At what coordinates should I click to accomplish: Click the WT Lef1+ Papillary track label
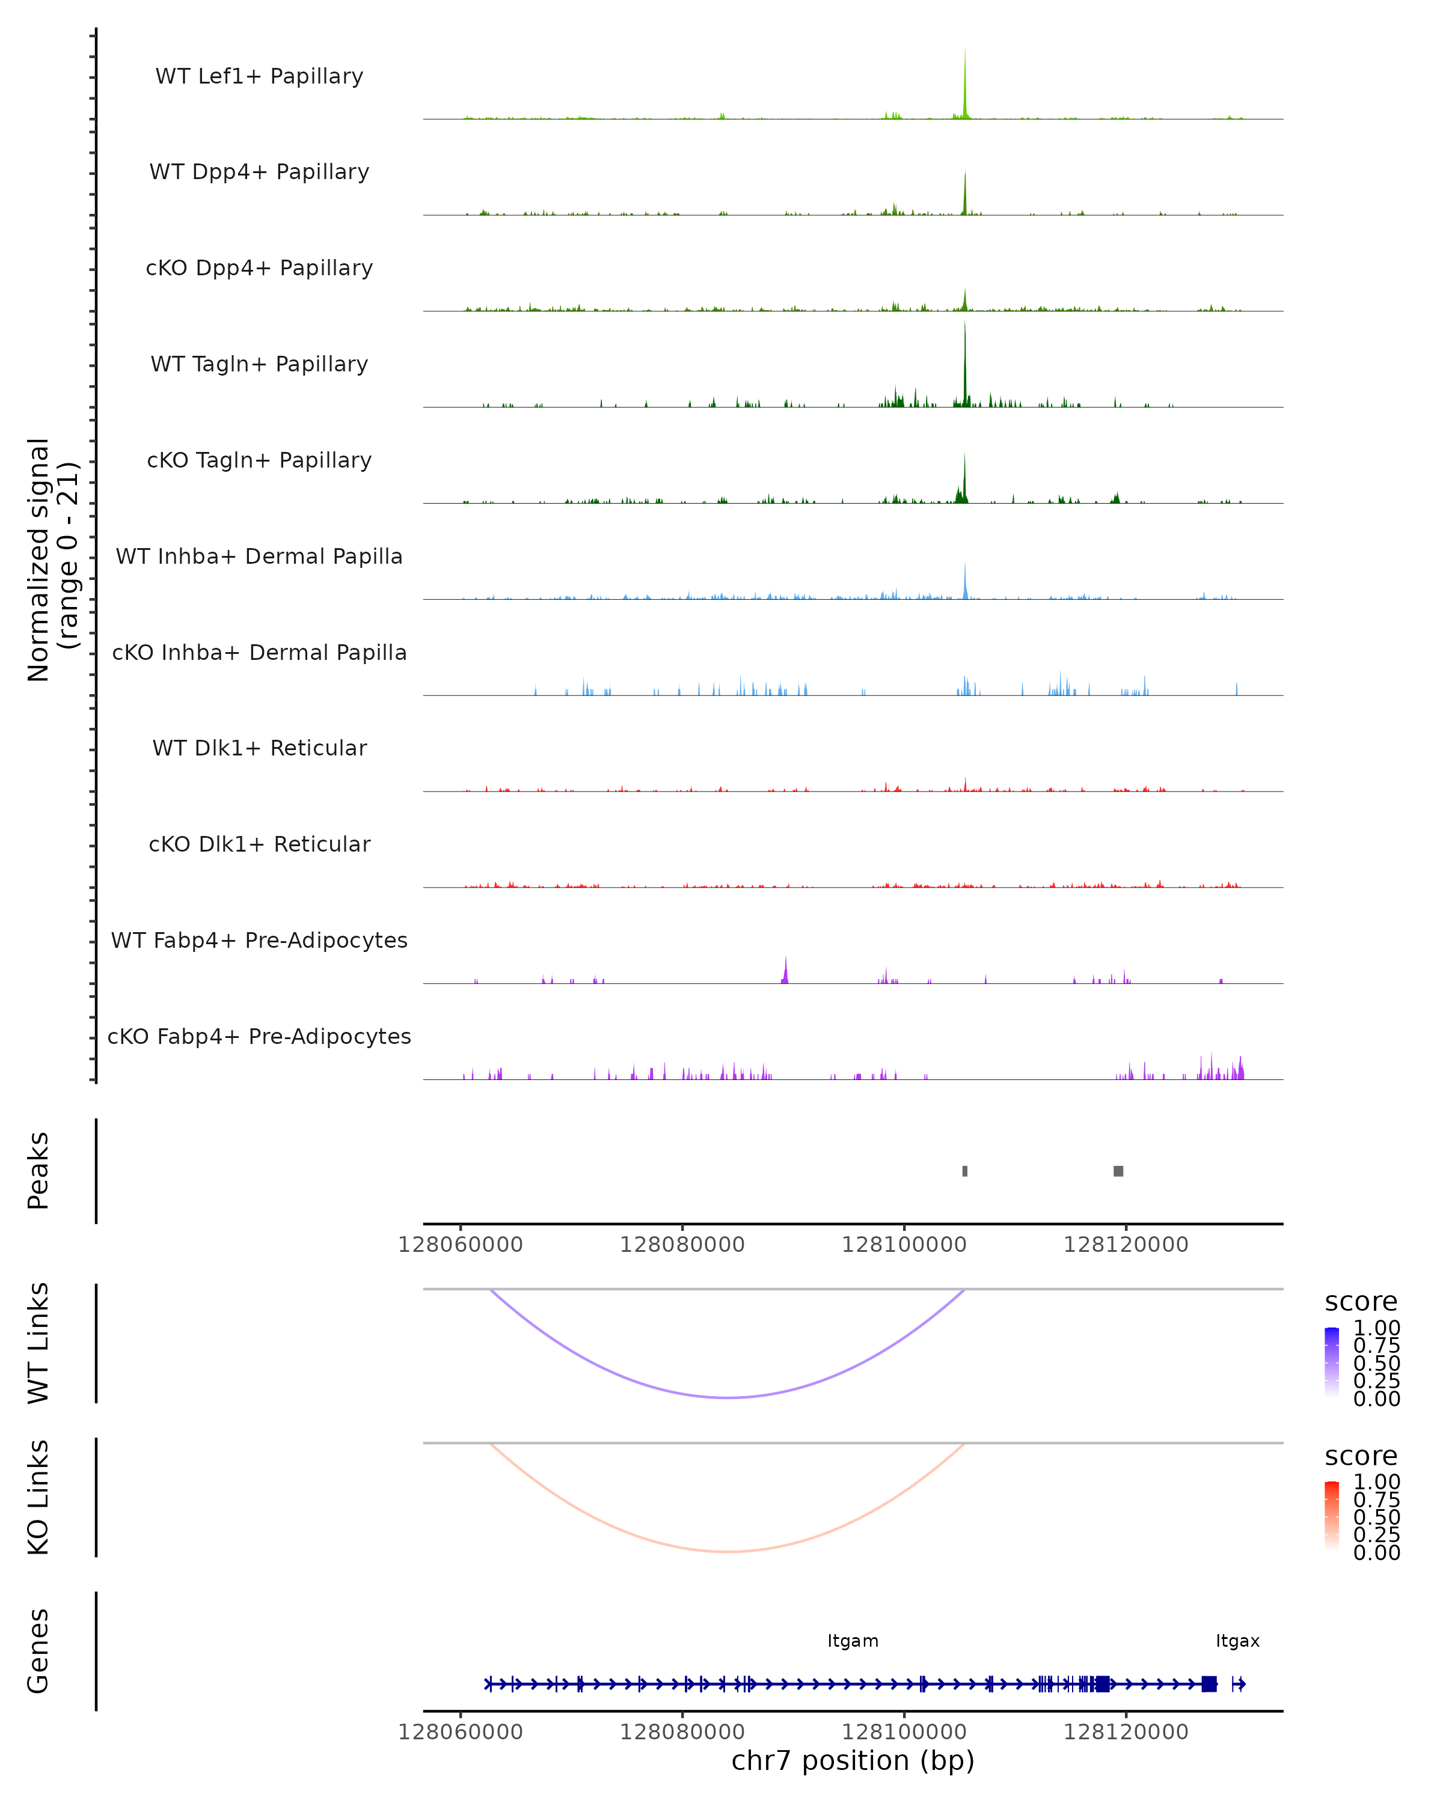point(259,76)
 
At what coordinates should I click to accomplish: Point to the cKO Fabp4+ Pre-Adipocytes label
point(259,1036)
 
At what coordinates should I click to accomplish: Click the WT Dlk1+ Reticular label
point(259,748)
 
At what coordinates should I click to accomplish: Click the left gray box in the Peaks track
point(964,1171)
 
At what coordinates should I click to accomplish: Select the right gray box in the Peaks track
point(1118,1171)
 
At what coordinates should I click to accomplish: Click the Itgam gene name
point(853,1641)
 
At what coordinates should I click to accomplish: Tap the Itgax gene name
point(1237,1641)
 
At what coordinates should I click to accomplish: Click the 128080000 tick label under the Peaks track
point(682,1245)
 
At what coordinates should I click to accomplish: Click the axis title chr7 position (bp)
point(853,1760)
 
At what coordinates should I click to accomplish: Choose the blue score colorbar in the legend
point(1332,1362)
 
